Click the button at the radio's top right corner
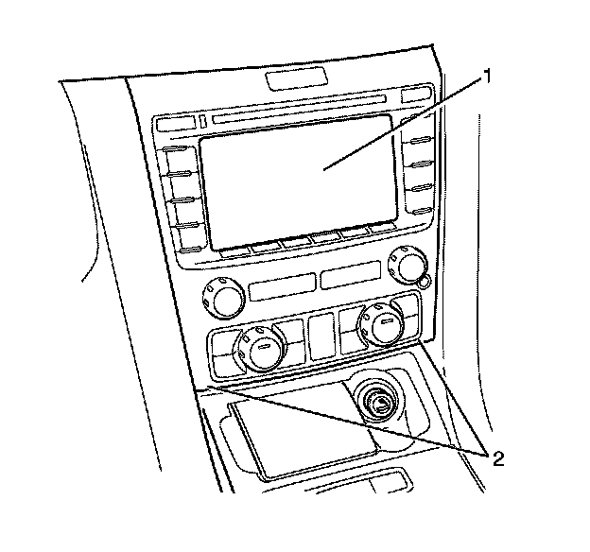(415, 96)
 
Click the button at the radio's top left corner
(176, 124)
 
